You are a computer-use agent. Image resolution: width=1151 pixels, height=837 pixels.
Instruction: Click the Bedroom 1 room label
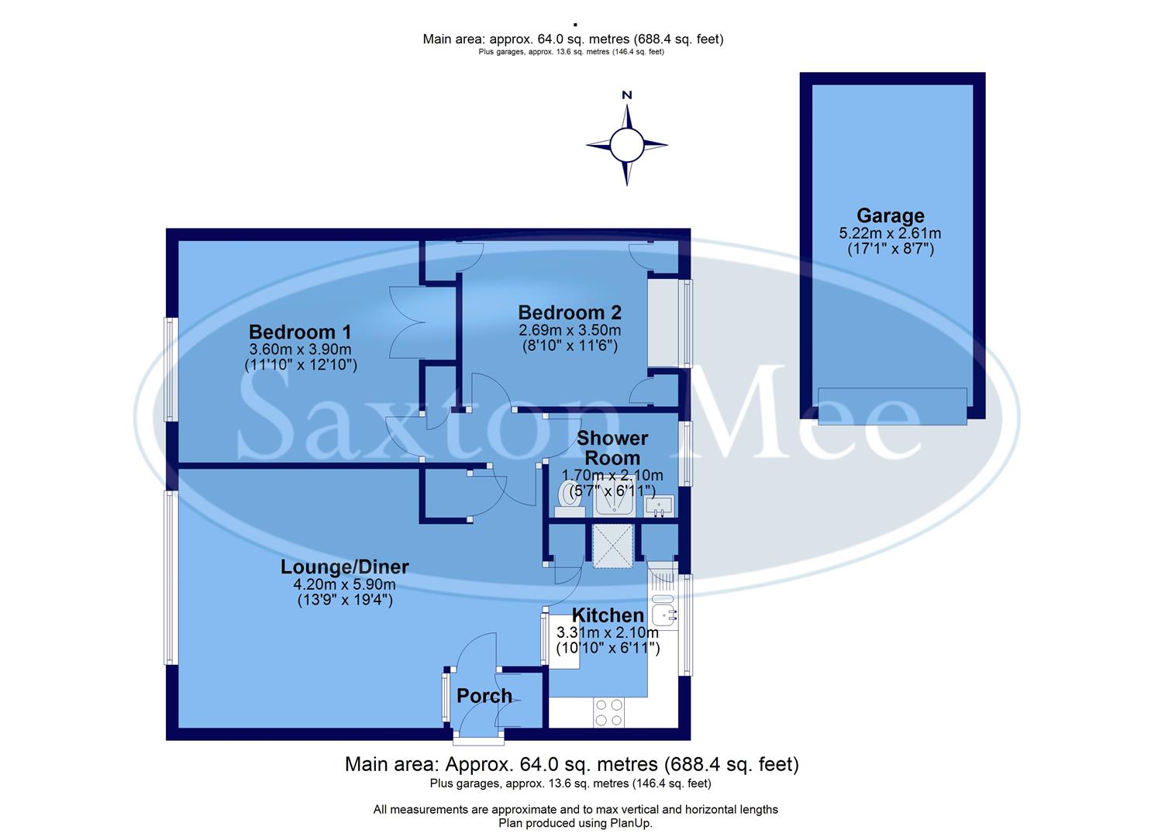(x=300, y=332)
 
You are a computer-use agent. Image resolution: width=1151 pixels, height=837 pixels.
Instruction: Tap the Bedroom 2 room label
(x=570, y=312)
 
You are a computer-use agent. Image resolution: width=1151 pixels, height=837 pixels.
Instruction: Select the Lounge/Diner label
(x=344, y=567)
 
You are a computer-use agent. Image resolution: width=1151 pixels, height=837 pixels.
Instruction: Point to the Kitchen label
(x=608, y=615)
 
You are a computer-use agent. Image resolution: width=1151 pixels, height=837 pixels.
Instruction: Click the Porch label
(x=484, y=696)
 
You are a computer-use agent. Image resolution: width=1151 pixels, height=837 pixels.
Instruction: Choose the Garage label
(x=890, y=215)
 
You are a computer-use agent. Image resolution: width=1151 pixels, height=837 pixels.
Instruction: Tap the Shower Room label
(x=612, y=448)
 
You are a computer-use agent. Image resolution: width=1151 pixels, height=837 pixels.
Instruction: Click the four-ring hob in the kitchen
(x=608, y=712)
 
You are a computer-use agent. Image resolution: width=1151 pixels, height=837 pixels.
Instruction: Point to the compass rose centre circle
(x=626, y=144)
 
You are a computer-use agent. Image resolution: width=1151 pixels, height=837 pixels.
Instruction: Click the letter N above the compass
(x=627, y=95)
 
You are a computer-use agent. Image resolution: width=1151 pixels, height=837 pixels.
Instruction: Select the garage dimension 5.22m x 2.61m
(x=890, y=233)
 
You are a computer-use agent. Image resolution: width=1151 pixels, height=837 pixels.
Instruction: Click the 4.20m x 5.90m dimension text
(x=345, y=585)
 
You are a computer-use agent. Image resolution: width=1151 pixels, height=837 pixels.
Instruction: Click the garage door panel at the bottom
(x=892, y=406)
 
